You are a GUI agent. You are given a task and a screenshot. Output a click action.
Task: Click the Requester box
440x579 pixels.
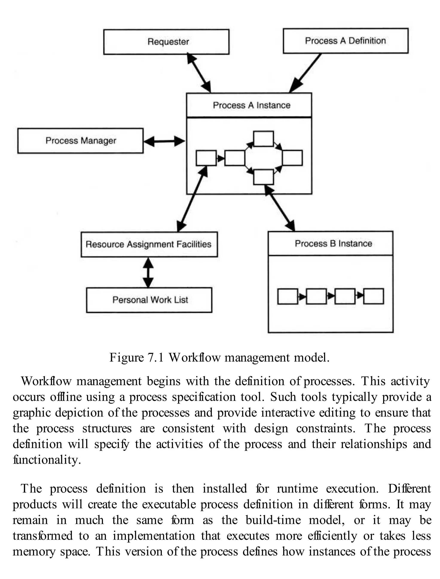pos(166,42)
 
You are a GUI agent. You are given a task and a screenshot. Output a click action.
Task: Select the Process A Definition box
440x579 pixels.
pos(345,41)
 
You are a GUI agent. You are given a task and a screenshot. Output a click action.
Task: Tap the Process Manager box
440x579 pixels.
pos(80,141)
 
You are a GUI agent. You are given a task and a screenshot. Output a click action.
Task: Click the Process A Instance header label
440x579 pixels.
pos(251,105)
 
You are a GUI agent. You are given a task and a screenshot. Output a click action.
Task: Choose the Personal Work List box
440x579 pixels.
pos(149,300)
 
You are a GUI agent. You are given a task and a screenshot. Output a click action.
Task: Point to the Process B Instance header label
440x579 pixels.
pos(333,243)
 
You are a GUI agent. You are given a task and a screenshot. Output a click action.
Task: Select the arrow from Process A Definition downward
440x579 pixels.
pos(305,73)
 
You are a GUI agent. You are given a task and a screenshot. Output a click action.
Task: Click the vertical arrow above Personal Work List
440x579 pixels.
pos(148,272)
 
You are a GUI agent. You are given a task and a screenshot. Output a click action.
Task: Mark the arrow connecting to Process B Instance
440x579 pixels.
pos(280,208)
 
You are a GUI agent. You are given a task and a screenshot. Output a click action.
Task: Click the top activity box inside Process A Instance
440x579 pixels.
pos(263,139)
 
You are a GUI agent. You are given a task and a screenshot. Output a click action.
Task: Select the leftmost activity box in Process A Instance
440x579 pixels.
pos(206,158)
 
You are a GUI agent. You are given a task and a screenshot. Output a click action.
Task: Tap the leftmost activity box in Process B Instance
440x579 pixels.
pos(288,296)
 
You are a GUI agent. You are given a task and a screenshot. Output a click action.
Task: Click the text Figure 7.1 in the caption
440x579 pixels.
pos(136,358)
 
